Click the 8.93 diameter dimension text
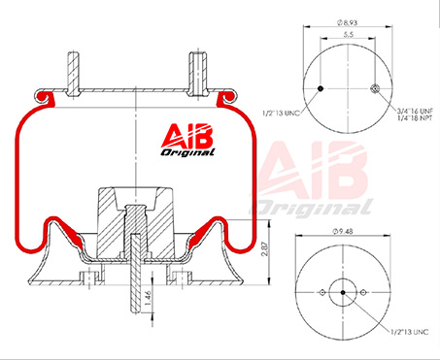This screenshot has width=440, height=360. (x=348, y=23)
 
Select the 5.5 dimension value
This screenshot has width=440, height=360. (x=348, y=35)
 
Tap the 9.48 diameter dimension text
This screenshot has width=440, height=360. (x=343, y=231)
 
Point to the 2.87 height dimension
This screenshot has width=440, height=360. (x=265, y=248)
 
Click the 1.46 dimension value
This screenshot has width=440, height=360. (x=148, y=298)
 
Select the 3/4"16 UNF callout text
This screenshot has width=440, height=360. (x=416, y=112)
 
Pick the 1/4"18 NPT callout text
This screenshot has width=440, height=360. (x=415, y=118)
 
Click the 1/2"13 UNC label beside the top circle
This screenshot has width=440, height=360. (x=281, y=114)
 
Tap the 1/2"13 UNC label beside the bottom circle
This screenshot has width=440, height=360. (x=410, y=332)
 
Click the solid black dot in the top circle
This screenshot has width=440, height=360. (x=321, y=88)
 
